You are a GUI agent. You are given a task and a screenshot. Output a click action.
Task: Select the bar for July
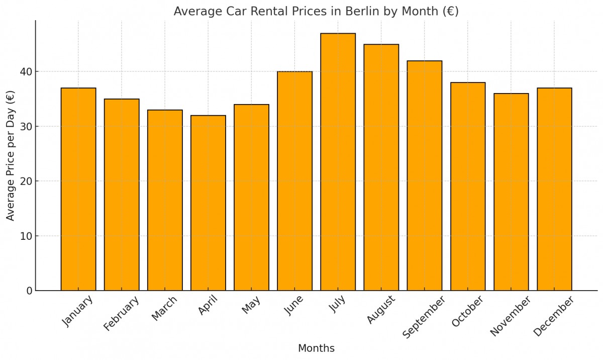click(x=338, y=162)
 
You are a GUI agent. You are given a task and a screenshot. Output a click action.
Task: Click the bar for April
click(x=208, y=203)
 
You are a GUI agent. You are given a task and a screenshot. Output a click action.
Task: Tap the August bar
click(x=381, y=167)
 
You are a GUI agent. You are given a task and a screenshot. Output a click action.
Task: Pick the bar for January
click(x=78, y=189)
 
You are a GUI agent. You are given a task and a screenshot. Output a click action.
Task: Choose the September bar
click(x=425, y=175)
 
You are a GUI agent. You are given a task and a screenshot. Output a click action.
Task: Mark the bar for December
click(x=554, y=189)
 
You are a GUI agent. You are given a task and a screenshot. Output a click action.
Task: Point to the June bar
click(x=294, y=181)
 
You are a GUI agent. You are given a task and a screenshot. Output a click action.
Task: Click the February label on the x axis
click(x=121, y=314)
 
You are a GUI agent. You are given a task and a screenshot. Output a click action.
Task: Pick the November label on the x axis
click(x=510, y=316)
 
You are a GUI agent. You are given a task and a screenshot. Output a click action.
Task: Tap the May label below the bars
click(x=251, y=305)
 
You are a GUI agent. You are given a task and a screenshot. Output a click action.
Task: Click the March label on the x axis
click(x=164, y=308)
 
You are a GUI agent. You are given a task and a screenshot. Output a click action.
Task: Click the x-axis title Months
click(x=316, y=348)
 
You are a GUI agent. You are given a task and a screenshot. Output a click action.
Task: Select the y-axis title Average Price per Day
click(x=11, y=156)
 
